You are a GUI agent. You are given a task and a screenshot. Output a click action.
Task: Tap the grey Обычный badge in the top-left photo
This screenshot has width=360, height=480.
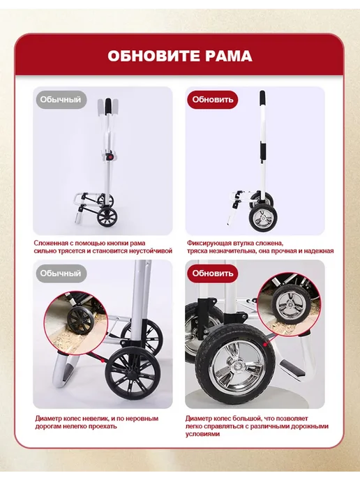61,100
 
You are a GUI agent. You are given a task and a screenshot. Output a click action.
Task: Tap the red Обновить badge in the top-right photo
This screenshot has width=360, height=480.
213,100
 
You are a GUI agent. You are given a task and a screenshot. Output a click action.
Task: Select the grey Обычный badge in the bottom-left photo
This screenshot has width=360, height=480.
61,273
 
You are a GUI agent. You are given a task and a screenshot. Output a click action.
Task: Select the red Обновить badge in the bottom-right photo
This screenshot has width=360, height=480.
213,273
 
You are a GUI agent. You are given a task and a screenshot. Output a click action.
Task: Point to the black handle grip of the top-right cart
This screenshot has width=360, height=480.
262,98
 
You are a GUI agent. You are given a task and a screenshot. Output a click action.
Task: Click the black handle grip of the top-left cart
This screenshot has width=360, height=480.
108,107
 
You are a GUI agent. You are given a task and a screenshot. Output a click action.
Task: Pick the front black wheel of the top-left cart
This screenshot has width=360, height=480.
107,216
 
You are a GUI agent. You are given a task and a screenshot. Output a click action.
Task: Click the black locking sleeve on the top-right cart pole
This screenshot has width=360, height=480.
263,149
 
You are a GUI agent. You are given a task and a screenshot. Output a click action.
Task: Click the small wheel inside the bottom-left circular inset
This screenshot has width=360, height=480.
80,320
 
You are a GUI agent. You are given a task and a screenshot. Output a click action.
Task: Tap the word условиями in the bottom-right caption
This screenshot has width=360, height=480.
202,434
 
